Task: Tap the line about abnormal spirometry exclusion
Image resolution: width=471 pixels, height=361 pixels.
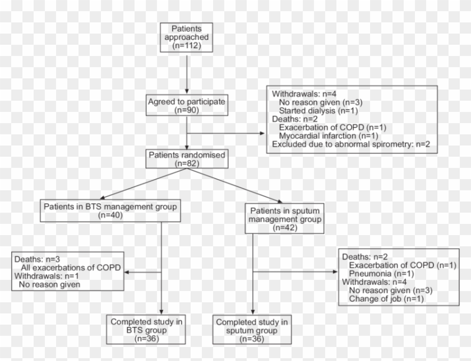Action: click(x=352, y=144)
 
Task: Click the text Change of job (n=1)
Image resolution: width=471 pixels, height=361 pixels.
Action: click(x=386, y=299)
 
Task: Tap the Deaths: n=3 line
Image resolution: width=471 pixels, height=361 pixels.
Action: click(x=35, y=259)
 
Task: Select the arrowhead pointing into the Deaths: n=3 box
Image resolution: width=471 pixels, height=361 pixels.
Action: click(x=127, y=273)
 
